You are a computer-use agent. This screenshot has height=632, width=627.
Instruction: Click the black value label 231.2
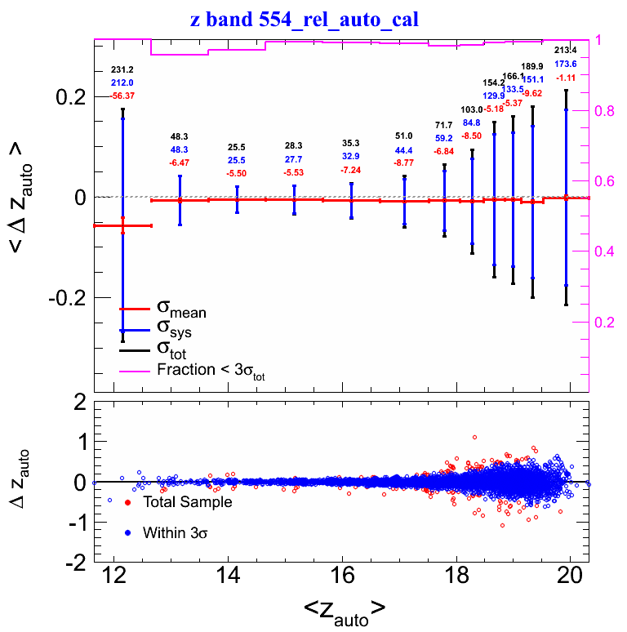122,70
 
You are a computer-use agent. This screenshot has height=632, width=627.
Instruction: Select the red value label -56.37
122,96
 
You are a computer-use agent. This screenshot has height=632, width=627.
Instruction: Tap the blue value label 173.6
566,64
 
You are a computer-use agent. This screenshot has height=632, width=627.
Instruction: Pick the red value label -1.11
566,77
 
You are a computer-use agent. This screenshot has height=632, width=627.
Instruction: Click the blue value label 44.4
404,150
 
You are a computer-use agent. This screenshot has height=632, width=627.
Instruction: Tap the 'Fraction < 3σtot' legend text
211,372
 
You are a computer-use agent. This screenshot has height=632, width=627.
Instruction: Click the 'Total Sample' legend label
188,502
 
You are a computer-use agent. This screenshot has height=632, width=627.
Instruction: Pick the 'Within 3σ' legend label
180,533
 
